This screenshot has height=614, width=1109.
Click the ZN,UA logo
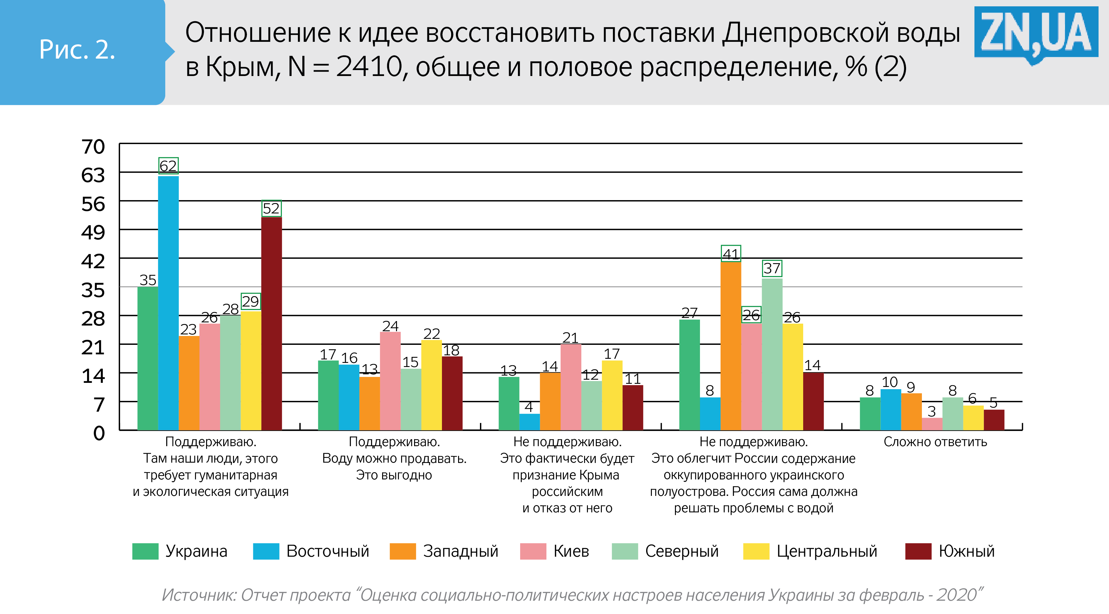click(1035, 32)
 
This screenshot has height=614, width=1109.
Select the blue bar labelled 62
click(168, 301)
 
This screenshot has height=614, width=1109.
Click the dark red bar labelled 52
click(272, 323)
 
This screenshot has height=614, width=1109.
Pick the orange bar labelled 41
click(731, 345)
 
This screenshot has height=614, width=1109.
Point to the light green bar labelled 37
click(772, 353)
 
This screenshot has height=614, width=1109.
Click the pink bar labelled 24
click(390, 381)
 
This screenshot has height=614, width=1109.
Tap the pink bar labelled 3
click(932, 424)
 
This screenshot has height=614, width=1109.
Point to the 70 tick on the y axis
click(93, 147)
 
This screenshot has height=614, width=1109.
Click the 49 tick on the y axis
click(93, 232)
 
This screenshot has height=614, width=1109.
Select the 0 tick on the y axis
click(99, 433)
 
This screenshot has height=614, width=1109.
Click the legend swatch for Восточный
click(266, 551)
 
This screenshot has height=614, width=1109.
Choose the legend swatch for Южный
click(918, 551)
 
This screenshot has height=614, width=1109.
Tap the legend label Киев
click(571, 551)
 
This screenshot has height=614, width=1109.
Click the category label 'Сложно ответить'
click(935, 442)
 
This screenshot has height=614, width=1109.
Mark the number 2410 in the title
click(369, 67)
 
